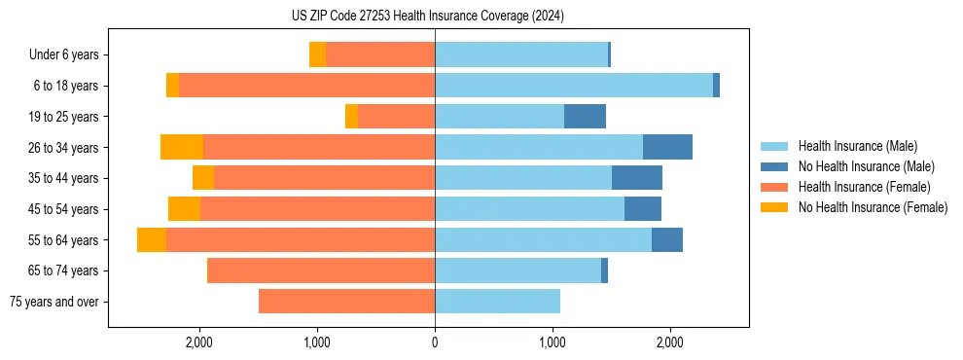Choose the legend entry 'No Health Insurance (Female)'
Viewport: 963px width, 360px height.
click(x=873, y=207)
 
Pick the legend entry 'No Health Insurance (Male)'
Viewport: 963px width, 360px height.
click(x=866, y=166)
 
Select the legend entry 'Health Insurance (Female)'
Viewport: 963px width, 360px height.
click(x=864, y=187)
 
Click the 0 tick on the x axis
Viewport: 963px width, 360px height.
click(x=435, y=342)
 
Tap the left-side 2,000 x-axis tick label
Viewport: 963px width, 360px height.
click(x=199, y=342)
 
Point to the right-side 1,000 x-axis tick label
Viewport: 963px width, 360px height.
click(x=553, y=342)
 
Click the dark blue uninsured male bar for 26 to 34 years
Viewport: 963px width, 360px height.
click(x=667, y=147)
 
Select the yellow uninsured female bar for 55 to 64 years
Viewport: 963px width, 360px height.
click(x=152, y=240)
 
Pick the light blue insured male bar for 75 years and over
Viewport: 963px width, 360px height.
click(x=497, y=302)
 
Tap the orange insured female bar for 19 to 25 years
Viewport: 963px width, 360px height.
click(x=396, y=117)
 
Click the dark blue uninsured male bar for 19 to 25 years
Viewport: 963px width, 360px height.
click(x=585, y=117)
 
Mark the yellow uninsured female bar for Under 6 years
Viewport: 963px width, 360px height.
click(x=317, y=55)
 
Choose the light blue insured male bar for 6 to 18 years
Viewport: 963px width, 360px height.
click(x=574, y=86)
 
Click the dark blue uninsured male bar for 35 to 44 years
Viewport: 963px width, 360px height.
click(x=637, y=178)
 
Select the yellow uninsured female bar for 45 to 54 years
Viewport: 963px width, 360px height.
click(x=184, y=209)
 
